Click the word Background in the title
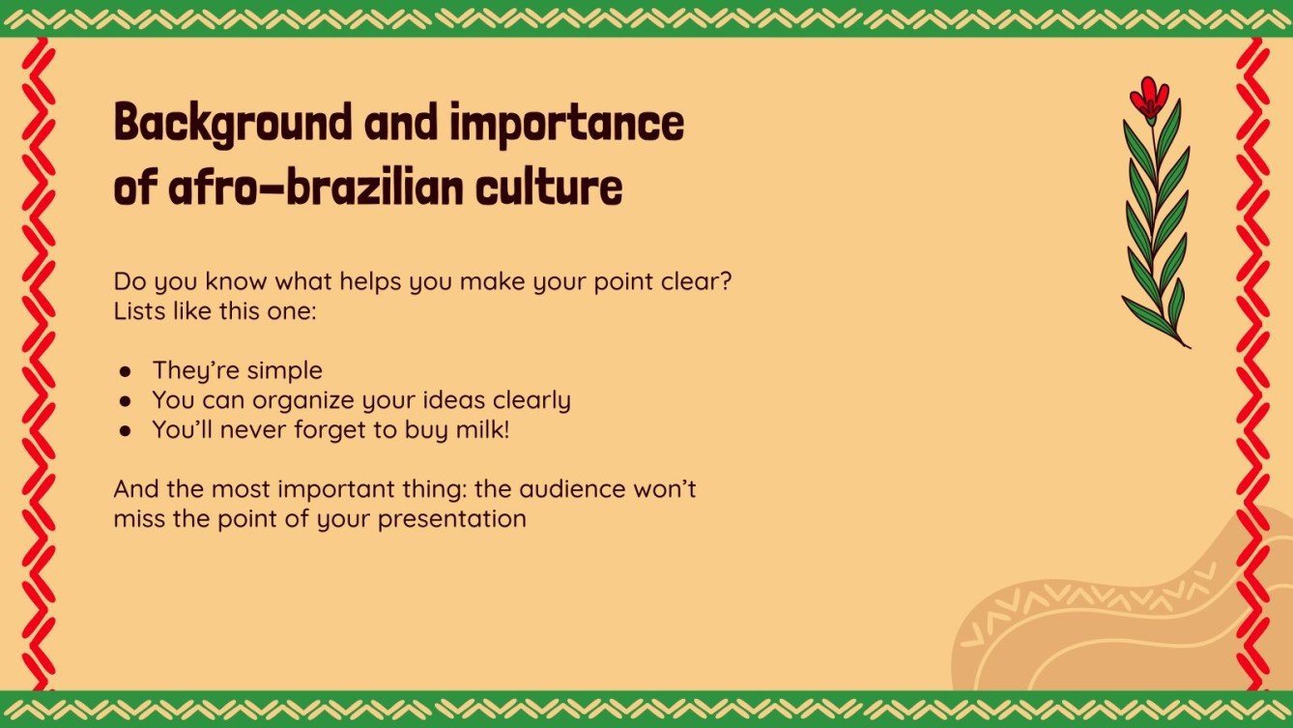click(x=232, y=124)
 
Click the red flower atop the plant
click(x=1149, y=99)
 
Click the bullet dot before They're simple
click(x=125, y=371)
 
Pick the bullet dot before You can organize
click(x=125, y=401)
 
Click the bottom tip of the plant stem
click(x=1188, y=346)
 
